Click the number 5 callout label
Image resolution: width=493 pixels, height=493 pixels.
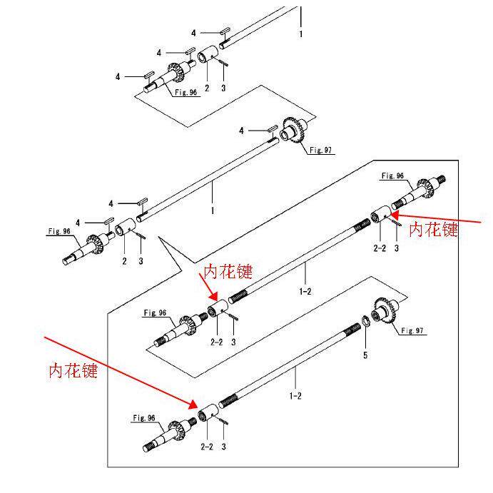365,355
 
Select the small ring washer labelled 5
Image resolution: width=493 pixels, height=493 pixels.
365,321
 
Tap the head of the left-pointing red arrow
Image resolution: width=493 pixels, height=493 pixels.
395,215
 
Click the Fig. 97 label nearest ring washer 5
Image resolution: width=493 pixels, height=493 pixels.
412,330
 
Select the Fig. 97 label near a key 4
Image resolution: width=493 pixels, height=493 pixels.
320,150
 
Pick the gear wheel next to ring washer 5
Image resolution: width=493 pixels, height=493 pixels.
385,312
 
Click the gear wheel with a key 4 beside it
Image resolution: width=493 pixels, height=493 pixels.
293,131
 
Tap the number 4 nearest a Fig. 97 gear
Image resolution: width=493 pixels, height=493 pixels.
241,131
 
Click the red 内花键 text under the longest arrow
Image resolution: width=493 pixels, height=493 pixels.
73,370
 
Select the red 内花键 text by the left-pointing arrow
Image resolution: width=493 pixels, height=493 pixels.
433,229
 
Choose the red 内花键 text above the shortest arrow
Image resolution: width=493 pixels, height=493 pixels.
228,271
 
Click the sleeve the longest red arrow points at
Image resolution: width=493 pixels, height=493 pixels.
208,412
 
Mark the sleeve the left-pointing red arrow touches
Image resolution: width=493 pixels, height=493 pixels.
381,215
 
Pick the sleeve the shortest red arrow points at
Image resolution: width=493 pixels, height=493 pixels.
218,308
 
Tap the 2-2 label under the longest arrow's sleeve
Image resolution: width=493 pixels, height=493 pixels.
207,447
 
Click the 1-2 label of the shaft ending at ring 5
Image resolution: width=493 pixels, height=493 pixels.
295,395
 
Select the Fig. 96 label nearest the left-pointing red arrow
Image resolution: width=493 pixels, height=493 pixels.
392,176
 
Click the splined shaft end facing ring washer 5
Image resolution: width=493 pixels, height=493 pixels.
352,329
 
